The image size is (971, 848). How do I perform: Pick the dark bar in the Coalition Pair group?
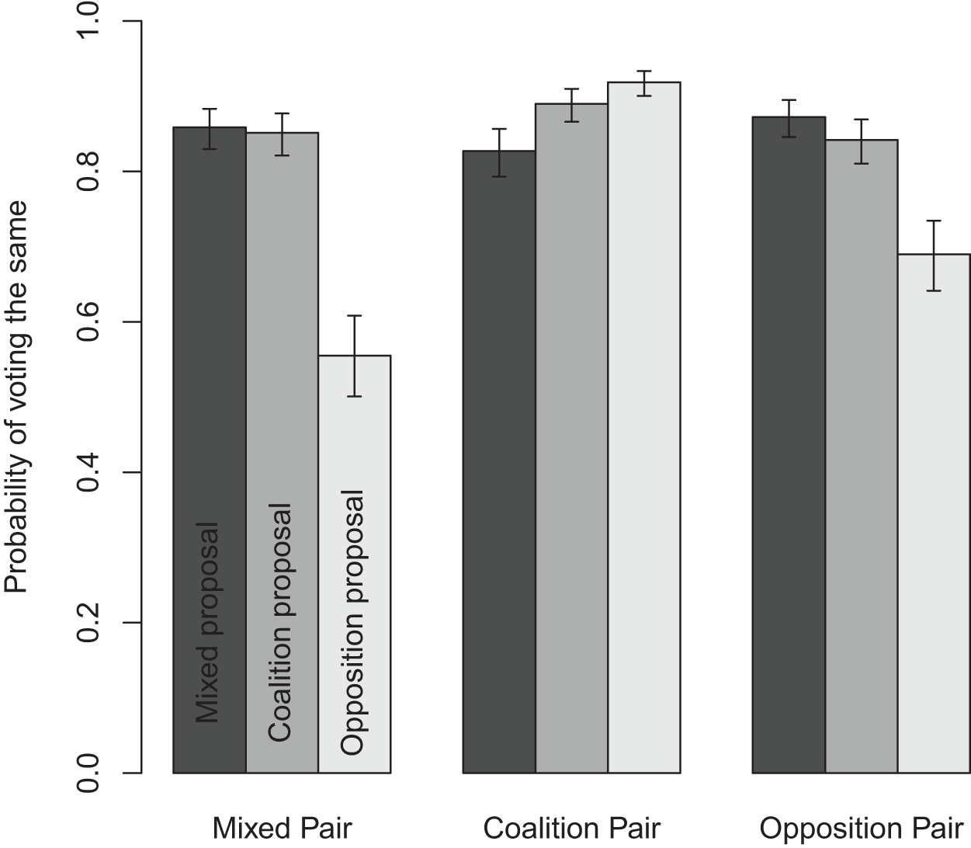click(499, 466)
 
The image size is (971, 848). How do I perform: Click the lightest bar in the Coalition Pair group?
click(643, 427)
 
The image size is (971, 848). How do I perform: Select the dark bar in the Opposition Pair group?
click(789, 443)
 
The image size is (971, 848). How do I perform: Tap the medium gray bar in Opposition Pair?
click(862, 458)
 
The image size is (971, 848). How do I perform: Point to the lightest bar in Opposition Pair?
click(934, 513)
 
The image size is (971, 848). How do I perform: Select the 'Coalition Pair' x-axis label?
click(571, 829)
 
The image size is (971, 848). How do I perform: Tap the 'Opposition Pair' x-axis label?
click(862, 829)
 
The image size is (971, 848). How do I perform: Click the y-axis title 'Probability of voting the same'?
click(17, 396)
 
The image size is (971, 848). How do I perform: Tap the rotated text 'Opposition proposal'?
click(352, 621)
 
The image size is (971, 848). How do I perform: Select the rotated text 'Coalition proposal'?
click(280, 621)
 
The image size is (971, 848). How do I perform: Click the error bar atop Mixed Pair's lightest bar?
click(354, 355)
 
